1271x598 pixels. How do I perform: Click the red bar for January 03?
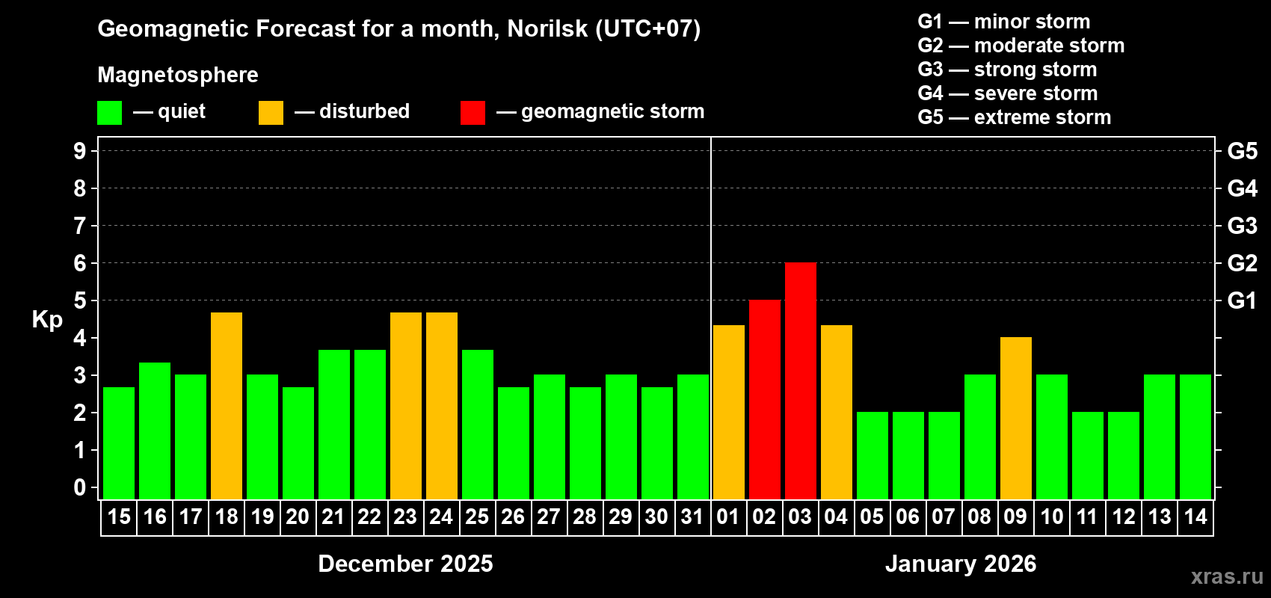pos(801,380)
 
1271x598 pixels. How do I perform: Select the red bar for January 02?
pos(765,399)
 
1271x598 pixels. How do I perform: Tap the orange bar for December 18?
pos(227,405)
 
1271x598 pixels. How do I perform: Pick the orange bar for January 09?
pos(1016,418)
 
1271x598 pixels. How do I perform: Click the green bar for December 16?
pos(155,431)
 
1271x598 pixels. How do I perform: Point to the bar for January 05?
pos(873,455)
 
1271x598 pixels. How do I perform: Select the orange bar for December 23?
pos(406,405)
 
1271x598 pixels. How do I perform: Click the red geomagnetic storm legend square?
pos(473,113)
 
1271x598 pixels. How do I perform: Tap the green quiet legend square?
pos(109,113)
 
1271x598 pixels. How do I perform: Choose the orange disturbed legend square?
pos(271,113)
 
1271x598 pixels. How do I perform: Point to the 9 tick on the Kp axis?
pos(80,151)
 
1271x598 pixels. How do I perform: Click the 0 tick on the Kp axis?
pos(80,488)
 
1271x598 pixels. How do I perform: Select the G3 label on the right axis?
pos(1242,226)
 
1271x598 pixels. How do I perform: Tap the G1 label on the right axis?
pos(1242,300)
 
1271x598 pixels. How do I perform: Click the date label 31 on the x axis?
pos(692,517)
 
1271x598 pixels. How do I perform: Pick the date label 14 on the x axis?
pos(1195,517)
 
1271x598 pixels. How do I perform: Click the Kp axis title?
pos(47,320)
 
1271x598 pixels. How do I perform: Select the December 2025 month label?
pos(405,564)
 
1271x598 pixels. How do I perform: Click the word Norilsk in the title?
pos(547,29)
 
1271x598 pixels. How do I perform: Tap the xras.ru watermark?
pos(1227,576)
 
